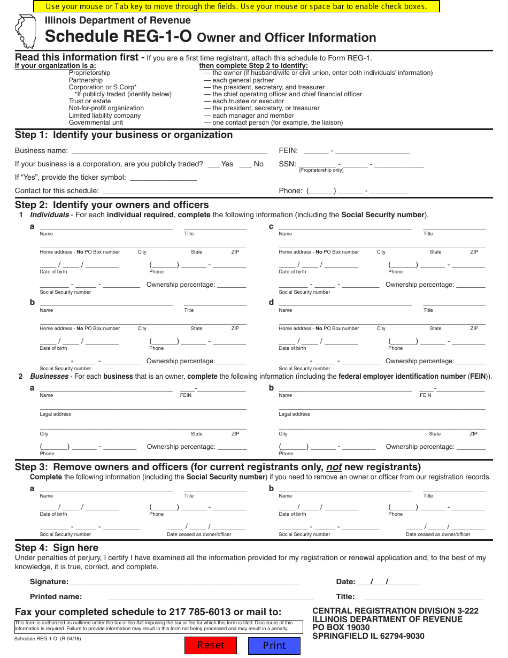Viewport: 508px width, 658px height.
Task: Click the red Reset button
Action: [x=211, y=645]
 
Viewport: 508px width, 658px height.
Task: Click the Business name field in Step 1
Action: [x=169, y=150]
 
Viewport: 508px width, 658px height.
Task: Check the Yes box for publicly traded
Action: [x=214, y=164]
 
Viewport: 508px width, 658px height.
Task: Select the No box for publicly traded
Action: [x=245, y=164]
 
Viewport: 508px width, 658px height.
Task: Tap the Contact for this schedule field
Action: [x=171, y=190]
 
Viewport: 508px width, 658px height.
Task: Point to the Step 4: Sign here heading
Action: [x=57, y=548]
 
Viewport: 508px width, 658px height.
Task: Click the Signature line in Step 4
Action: [x=184, y=582]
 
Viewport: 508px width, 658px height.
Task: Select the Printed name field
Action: [x=211, y=596]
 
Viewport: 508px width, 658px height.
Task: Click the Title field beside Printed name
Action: [x=424, y=596]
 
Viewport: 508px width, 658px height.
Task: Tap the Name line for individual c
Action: [x=345, y=227]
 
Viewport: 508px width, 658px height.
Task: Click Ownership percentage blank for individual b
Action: [x=232, y=361]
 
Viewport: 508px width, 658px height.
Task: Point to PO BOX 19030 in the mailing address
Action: [x=341, y=628]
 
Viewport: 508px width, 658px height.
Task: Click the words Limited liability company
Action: [x=105, y=116]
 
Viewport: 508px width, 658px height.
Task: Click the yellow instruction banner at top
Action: [x=236, y=6]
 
